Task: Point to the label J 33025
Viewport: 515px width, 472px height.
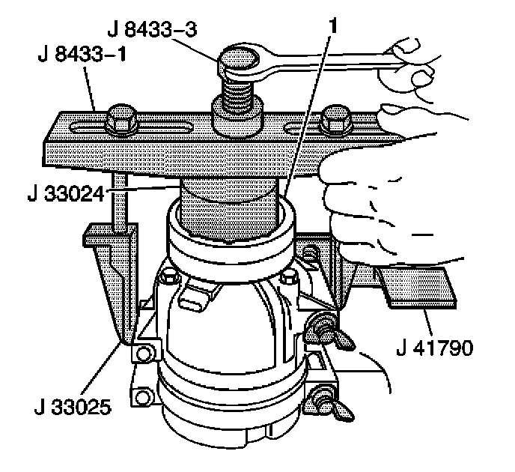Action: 73,408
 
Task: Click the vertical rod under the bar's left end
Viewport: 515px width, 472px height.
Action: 121,202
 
